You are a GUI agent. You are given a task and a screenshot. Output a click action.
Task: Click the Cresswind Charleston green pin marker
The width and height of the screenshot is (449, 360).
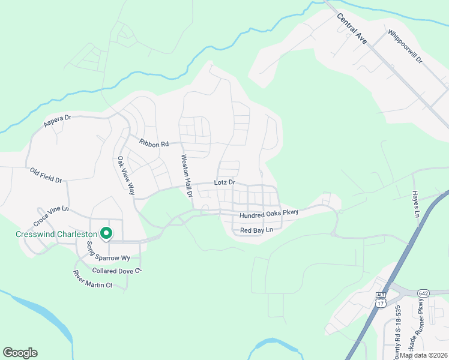tap(106, 233)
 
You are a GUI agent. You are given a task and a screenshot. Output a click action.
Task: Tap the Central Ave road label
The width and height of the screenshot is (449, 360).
tap(352, 29)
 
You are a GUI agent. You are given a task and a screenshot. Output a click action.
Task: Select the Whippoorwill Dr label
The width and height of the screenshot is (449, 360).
tap(405, 47)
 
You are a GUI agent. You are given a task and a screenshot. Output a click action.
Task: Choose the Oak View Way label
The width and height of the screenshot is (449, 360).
tap(125, 176)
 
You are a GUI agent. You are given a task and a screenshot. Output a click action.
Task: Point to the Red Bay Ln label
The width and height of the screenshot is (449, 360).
tap(256, 230)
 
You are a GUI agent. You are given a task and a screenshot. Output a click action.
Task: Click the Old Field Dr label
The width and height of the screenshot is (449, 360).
tap(46, 175)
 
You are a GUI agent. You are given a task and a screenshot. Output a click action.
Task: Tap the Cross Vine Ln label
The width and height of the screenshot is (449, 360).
tap(53, 209)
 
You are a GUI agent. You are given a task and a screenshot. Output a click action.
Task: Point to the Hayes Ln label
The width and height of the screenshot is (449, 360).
tap(415, 204)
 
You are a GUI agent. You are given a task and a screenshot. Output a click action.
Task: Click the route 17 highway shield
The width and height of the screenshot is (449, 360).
tap(380, 303)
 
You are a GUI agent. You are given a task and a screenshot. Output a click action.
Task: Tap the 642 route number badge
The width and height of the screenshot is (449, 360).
tap(424, 292)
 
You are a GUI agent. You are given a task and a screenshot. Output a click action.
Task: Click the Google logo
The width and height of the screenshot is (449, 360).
tap(20, 353)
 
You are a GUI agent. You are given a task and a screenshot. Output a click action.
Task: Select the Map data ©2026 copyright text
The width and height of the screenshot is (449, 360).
tap(423, 355)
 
